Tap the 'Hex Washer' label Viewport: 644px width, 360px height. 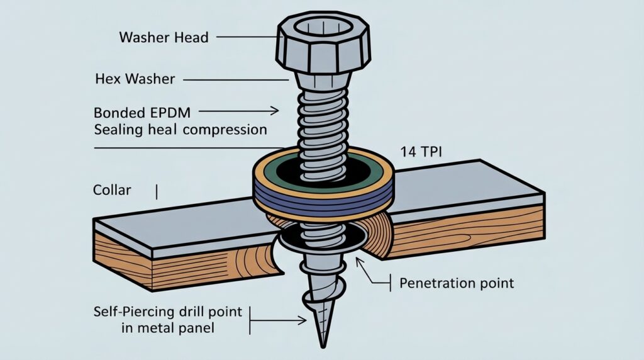pos(135,79)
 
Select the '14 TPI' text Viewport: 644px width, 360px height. pos(417,153)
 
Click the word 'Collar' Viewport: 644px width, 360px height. pos(112,189)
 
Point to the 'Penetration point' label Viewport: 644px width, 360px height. pos(457,283)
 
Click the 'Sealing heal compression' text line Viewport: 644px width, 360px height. pos(180,130)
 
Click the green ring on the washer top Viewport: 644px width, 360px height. pos(270,168)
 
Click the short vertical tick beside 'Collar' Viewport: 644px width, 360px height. pos(155,190)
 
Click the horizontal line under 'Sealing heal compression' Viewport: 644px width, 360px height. pos(170,148)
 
